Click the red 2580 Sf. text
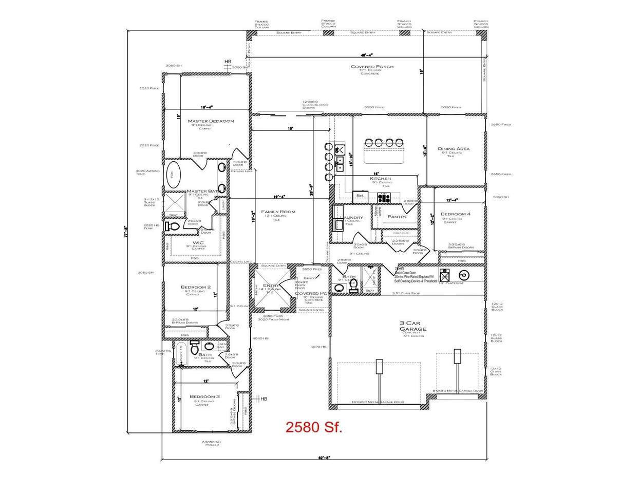tap(313, 427)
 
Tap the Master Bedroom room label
tap(211, 121)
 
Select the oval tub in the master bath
tap(173, 175)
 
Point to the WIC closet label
tap(198, 243)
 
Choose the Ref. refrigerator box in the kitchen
tap(360, 196)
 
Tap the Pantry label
tap(397, 217)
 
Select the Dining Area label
tap(454, 149)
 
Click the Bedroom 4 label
tap(455, 214)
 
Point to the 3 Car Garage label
tap(413, 326)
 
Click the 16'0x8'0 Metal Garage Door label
tap(377, 402)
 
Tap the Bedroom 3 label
tap(204, 396)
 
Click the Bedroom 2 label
tap(195, 287)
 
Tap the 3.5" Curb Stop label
tap(406, 293)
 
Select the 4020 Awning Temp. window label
tap(147, 172)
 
